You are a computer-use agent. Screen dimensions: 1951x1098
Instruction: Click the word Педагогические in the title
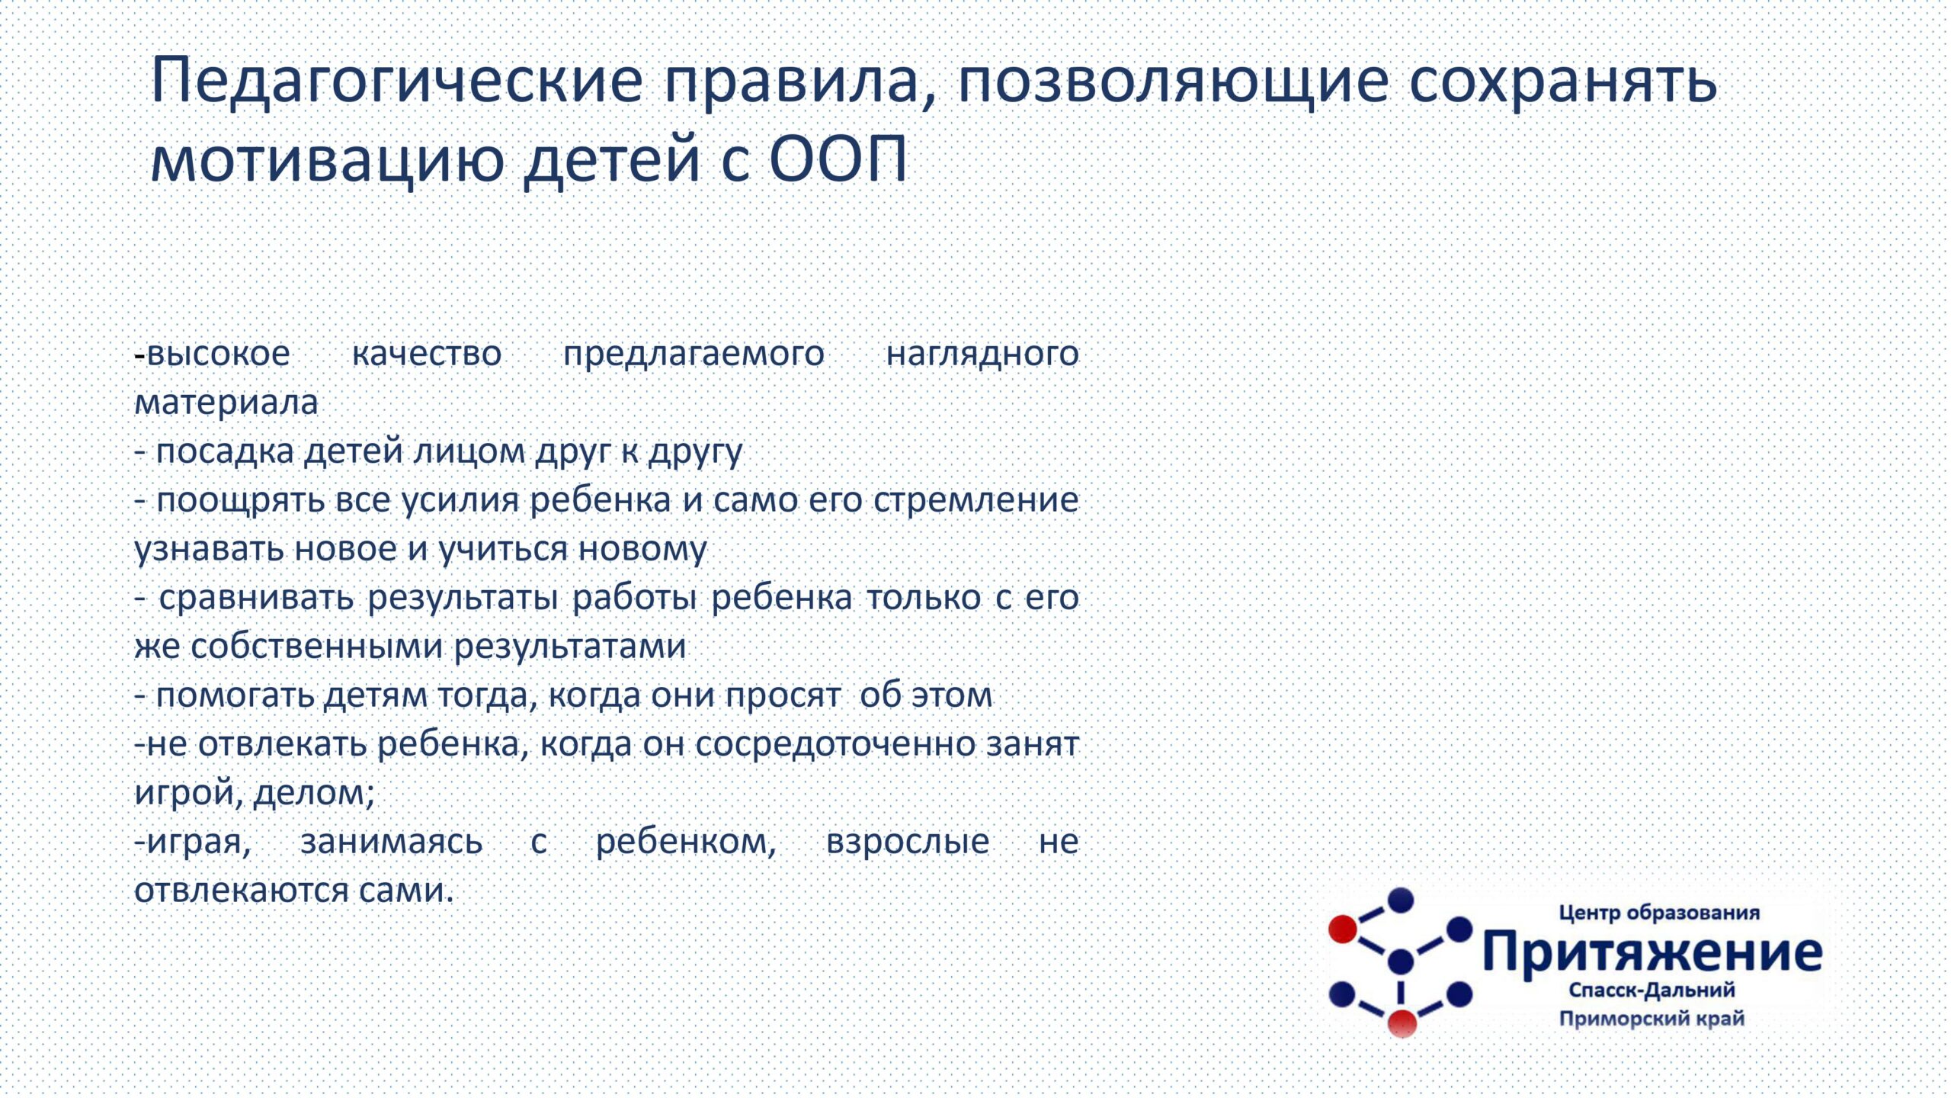[397, 82]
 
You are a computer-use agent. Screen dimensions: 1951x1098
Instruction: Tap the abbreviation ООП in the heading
[838, 159]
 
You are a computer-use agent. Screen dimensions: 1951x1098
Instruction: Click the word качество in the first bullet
[427, 354]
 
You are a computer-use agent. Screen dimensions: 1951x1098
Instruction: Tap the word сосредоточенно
[835, 744]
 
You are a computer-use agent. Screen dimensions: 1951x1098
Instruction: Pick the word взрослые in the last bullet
[908, 843]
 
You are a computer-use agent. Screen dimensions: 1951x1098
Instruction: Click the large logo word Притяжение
[1652, 952]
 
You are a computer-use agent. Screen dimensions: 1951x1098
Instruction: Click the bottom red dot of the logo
[1402, 1023]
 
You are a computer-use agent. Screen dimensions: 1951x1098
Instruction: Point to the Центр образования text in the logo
[1659, 913]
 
